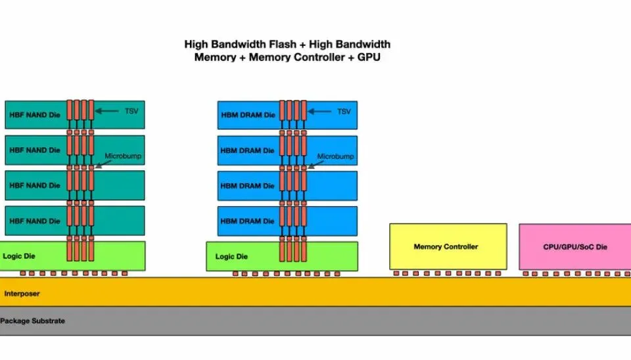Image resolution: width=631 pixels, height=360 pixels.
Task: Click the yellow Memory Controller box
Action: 448,246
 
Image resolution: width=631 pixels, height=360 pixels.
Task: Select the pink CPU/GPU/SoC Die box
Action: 575,246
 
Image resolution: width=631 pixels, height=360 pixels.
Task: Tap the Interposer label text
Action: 22,294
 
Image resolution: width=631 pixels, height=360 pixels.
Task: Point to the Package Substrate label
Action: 33,321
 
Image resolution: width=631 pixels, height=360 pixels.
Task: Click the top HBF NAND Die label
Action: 35,115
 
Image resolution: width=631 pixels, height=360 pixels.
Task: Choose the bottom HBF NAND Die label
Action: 35,221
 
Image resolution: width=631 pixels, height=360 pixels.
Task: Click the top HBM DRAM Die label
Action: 248,115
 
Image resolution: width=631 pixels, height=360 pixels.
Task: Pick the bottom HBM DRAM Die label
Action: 248,221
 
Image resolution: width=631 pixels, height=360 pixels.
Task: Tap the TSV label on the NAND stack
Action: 131,111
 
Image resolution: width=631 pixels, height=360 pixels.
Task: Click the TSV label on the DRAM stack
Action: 344,112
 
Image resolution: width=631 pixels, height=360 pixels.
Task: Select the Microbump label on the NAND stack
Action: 123,156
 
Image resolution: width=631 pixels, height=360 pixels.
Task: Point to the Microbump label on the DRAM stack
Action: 336,156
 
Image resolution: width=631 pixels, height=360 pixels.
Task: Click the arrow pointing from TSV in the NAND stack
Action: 107,111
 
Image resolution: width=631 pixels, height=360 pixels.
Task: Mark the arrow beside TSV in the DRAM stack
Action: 319,112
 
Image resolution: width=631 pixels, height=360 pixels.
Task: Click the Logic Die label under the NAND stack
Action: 19,256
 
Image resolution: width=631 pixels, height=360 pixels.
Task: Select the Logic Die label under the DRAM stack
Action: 231,257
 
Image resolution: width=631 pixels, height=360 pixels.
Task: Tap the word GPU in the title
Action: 369,57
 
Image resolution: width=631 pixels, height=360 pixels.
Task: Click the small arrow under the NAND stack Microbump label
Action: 103,164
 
